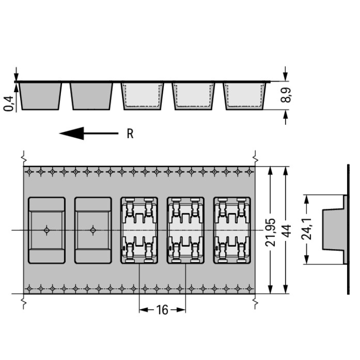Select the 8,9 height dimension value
pos(286,95)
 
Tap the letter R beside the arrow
pos(130,133)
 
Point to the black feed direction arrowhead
pos(72,133)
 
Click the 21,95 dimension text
pos(270,233)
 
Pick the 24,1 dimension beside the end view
pos(307,229)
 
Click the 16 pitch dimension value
pos(162,310)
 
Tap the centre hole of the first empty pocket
pos(47,230)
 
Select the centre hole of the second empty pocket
pos(93,230)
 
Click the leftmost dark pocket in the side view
pos(40,96)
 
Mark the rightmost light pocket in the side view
pos(244,96)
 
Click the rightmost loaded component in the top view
pos(232,230)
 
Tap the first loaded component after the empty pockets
pos(139,230)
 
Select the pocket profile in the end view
pos(334,229)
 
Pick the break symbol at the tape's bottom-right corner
pos(255,302)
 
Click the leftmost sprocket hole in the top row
pos(29,172)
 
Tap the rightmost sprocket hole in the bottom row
pos(250,288)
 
